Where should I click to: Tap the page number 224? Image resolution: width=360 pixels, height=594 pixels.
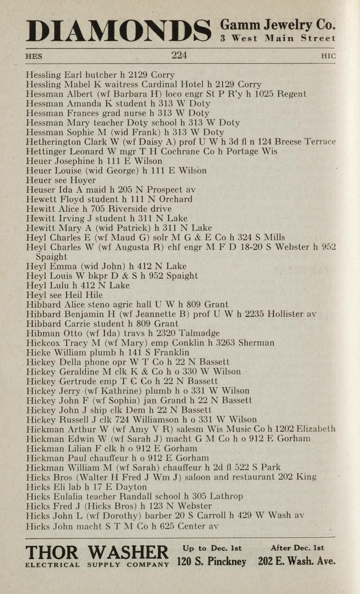pyautogui.click(x=179, y=56)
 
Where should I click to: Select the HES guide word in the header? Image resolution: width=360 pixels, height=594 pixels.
pyautogui.click(x=34, y=56)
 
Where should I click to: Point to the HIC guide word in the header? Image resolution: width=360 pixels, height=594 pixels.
pyautogui.click(x=328, y=56)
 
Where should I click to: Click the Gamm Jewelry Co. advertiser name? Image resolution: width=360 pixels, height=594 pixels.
pyautogui.click(x=278, y=25)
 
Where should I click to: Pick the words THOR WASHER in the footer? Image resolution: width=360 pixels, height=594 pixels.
pyautogui.click(x=97, y=553)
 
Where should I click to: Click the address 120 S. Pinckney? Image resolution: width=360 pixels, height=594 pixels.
pyautogui.click(x=211, y=561)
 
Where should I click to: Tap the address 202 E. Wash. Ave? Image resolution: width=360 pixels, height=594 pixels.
pyautogui.click(x=296, y=561)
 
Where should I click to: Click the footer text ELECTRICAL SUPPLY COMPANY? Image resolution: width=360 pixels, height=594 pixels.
pyautogui.click(x=97, y=565)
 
